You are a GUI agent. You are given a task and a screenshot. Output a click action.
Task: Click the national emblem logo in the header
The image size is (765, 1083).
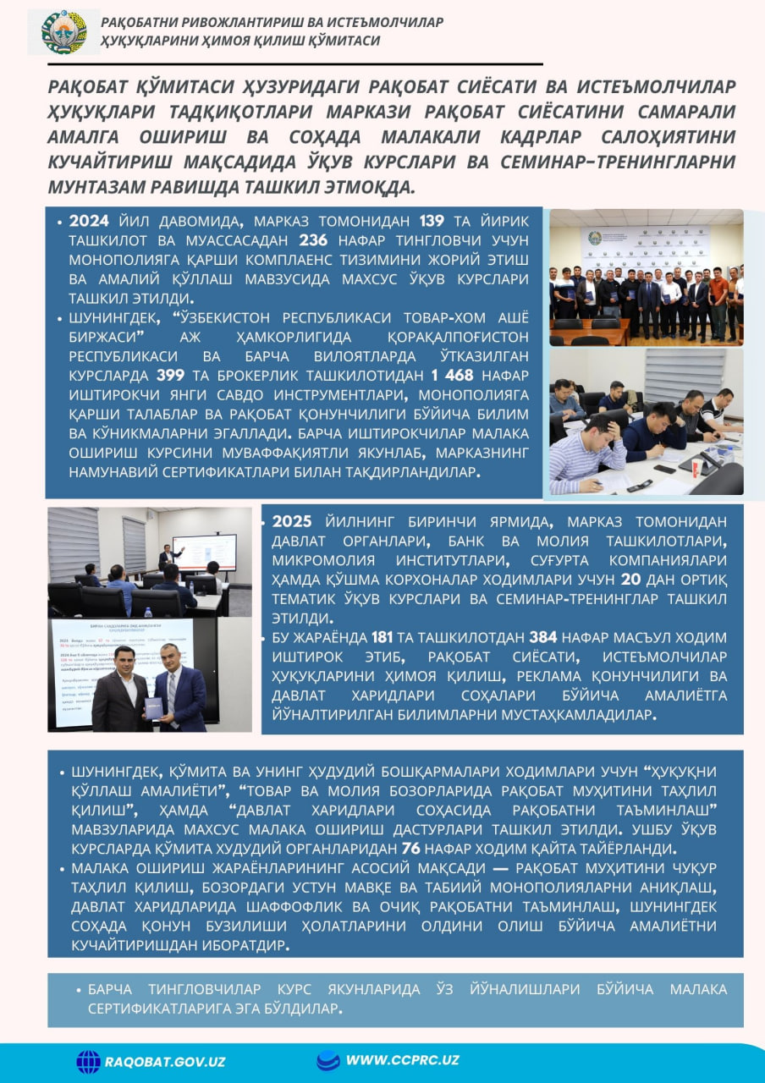click(x=63, y=32)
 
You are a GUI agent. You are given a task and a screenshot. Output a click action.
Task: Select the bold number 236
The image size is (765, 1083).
click(x=313, y=241)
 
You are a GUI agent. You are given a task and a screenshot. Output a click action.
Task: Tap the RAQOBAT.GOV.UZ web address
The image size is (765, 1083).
click(x=165, y=1062)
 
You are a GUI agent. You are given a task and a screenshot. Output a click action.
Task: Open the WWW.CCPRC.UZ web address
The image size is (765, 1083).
click(x=402, y=1060)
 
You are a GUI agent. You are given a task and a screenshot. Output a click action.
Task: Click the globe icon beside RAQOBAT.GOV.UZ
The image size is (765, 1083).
click(x=88, y=1062)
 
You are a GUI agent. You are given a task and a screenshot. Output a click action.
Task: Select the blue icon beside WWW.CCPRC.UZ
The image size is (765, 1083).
click(x=327, y=1060)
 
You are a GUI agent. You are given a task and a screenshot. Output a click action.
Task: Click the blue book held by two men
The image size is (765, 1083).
click(x=154, y=707)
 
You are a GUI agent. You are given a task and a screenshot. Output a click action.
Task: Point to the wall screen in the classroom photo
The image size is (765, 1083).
click(x=204, y=552)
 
